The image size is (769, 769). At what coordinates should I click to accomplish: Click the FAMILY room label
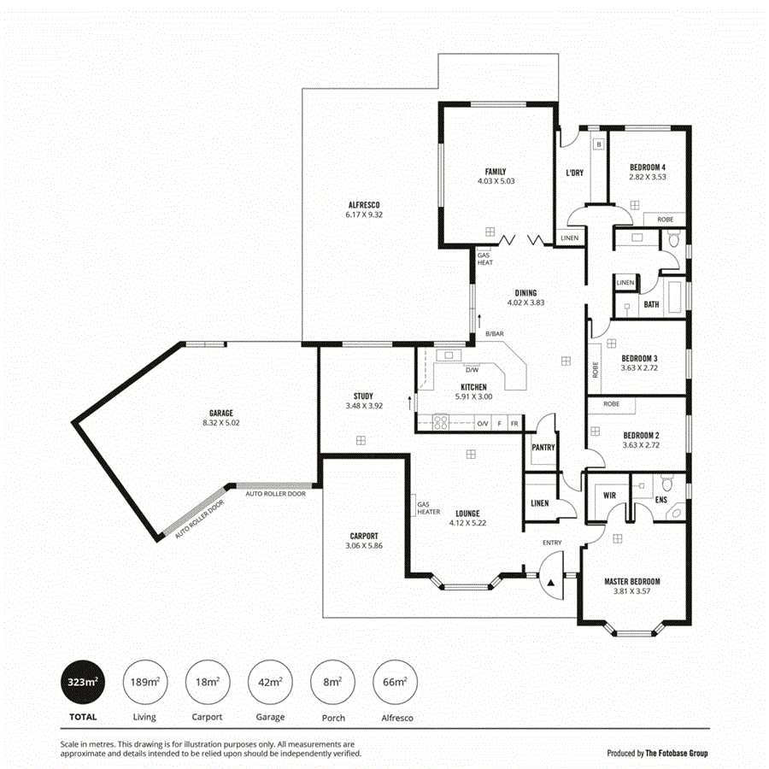click(496, 171)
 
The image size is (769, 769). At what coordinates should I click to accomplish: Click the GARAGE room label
click(220, 413)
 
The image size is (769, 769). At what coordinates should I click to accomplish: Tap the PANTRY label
click(543, 447)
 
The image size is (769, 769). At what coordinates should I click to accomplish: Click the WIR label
click(609, 495)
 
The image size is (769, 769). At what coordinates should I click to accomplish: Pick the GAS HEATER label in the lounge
click(428, 508)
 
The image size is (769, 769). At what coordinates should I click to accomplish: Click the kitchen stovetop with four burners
click(442, 422)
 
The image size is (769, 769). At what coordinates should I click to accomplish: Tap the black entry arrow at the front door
click(551, 582)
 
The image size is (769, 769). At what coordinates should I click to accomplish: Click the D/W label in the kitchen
click(472, 370)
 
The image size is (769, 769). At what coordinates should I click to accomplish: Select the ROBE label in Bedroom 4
click(665, 220)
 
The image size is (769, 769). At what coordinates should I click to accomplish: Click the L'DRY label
click(574, 173)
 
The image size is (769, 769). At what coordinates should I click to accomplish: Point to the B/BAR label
click(494, 334)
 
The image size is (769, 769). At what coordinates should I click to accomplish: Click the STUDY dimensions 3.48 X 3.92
click(363, 406)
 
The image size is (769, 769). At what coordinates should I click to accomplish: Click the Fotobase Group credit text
click(657, 753)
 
